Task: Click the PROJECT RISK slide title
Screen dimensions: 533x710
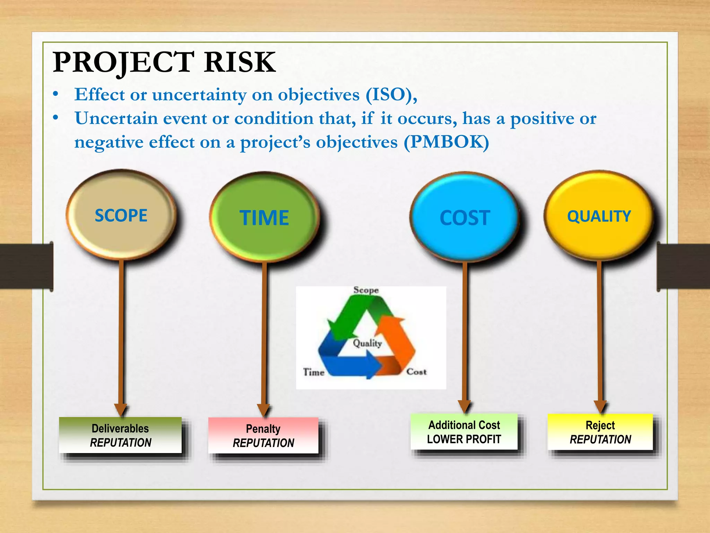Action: [x=164, y=62]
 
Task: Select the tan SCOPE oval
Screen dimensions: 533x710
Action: [x=121, y=215]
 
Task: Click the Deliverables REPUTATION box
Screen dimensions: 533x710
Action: [x=120, y=435]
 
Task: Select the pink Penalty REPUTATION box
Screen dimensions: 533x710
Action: [x=263, y=435]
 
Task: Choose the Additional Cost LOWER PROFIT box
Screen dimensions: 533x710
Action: [x=464, y=432]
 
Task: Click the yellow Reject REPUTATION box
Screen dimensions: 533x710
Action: [x=600, y=432]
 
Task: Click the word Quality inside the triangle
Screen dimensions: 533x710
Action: [x=367, y=343]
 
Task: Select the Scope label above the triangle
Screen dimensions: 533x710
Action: [x=366, y=290]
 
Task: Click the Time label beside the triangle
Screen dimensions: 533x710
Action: [x=314, y=372]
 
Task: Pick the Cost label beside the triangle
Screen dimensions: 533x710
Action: [x=416, y=372]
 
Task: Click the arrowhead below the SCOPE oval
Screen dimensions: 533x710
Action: [x=121, y=409]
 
